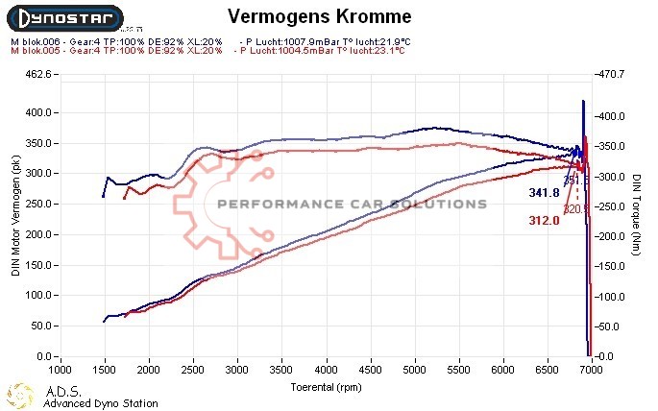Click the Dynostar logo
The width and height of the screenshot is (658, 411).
coord(62,17)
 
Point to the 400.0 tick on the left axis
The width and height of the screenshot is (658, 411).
coord(36,112)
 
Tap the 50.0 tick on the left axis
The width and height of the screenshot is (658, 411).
coord(38,326)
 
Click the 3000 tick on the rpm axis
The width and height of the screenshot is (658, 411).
coord(237,369)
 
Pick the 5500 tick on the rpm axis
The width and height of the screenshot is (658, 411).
coord(458,369)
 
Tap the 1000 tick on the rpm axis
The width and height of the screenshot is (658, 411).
coord(61,369)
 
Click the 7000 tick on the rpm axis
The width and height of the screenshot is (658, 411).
coord(591,369)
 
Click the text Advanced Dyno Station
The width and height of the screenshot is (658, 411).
coord(101,404)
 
